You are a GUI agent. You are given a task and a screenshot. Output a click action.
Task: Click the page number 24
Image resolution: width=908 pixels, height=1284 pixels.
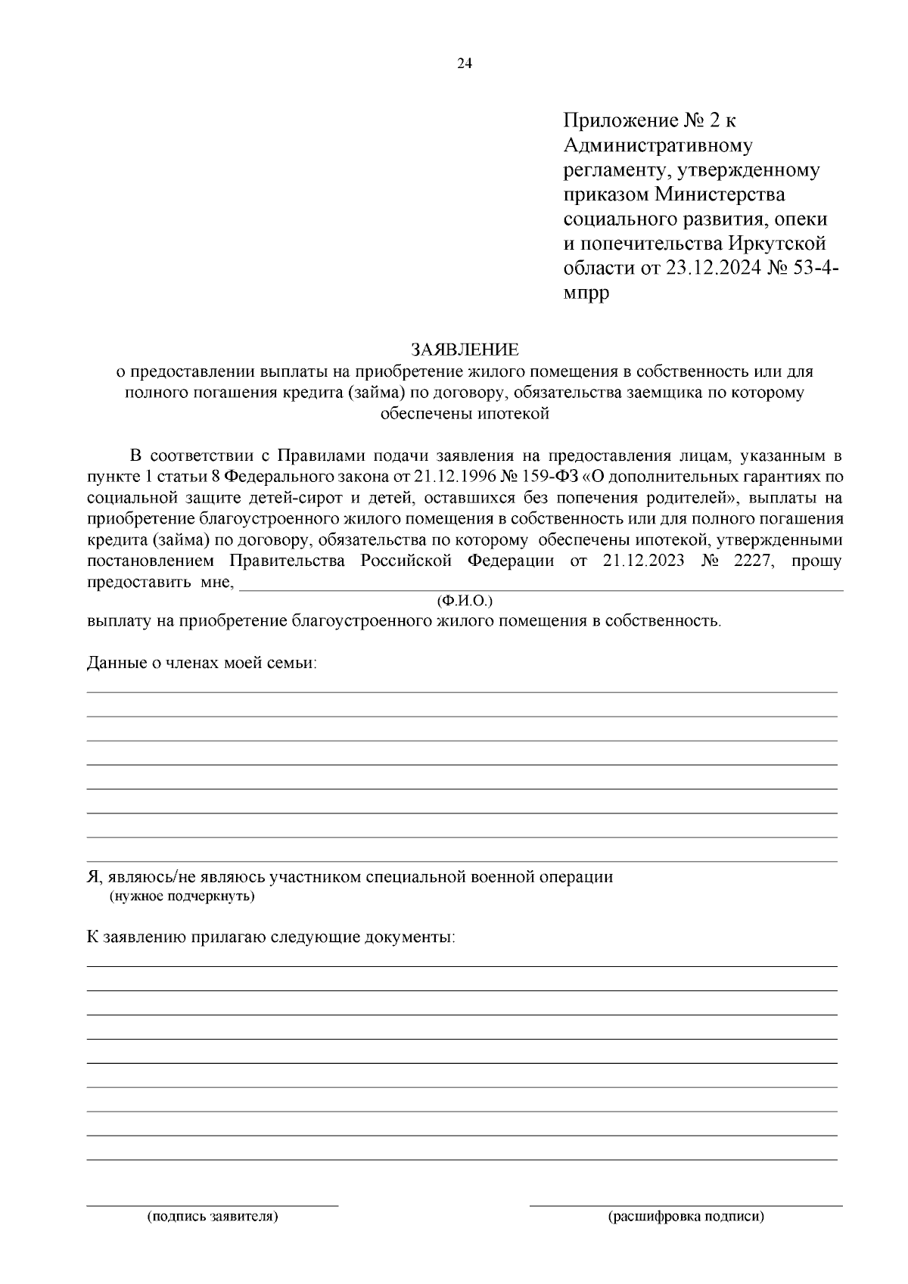465,64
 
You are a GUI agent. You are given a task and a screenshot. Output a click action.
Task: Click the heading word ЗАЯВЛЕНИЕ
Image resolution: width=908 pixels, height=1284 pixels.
465,350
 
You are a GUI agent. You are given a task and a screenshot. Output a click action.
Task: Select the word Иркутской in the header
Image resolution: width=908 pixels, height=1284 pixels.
777,244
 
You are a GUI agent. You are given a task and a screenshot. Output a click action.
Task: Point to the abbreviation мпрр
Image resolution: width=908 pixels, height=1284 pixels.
586,293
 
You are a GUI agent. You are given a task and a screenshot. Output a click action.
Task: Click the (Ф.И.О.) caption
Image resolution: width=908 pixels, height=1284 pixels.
465,601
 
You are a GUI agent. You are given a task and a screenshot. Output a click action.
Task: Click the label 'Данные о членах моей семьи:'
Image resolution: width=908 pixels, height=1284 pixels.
202,664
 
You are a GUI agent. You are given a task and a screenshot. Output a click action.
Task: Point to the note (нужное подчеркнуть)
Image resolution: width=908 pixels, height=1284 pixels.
182,897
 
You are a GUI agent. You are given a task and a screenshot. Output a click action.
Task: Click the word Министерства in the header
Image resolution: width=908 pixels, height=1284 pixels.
720,194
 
